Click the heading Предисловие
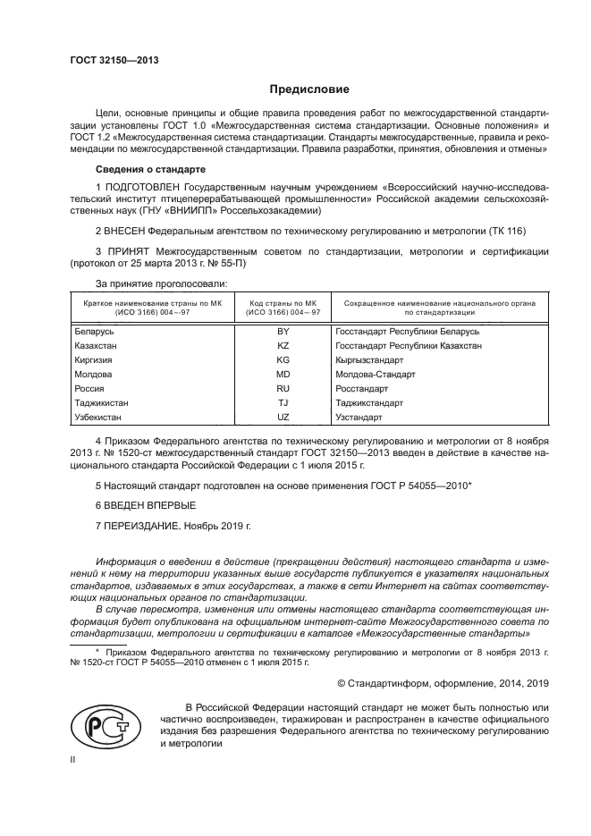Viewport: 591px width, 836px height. pos(309,89)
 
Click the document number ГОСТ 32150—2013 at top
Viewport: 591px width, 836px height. pos(107,61)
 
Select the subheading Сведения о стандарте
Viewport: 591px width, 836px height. pos(151,169)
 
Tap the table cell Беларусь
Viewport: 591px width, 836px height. pos(95,332)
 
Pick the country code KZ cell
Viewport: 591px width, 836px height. pos(283,344)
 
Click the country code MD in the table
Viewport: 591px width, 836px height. pos(283,374)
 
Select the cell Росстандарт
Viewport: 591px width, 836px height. pos(361,389)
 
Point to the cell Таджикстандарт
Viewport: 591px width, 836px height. pos(367,403)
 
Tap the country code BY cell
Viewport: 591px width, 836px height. pos(283,332)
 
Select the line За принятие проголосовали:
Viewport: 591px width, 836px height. pos(161,283)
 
